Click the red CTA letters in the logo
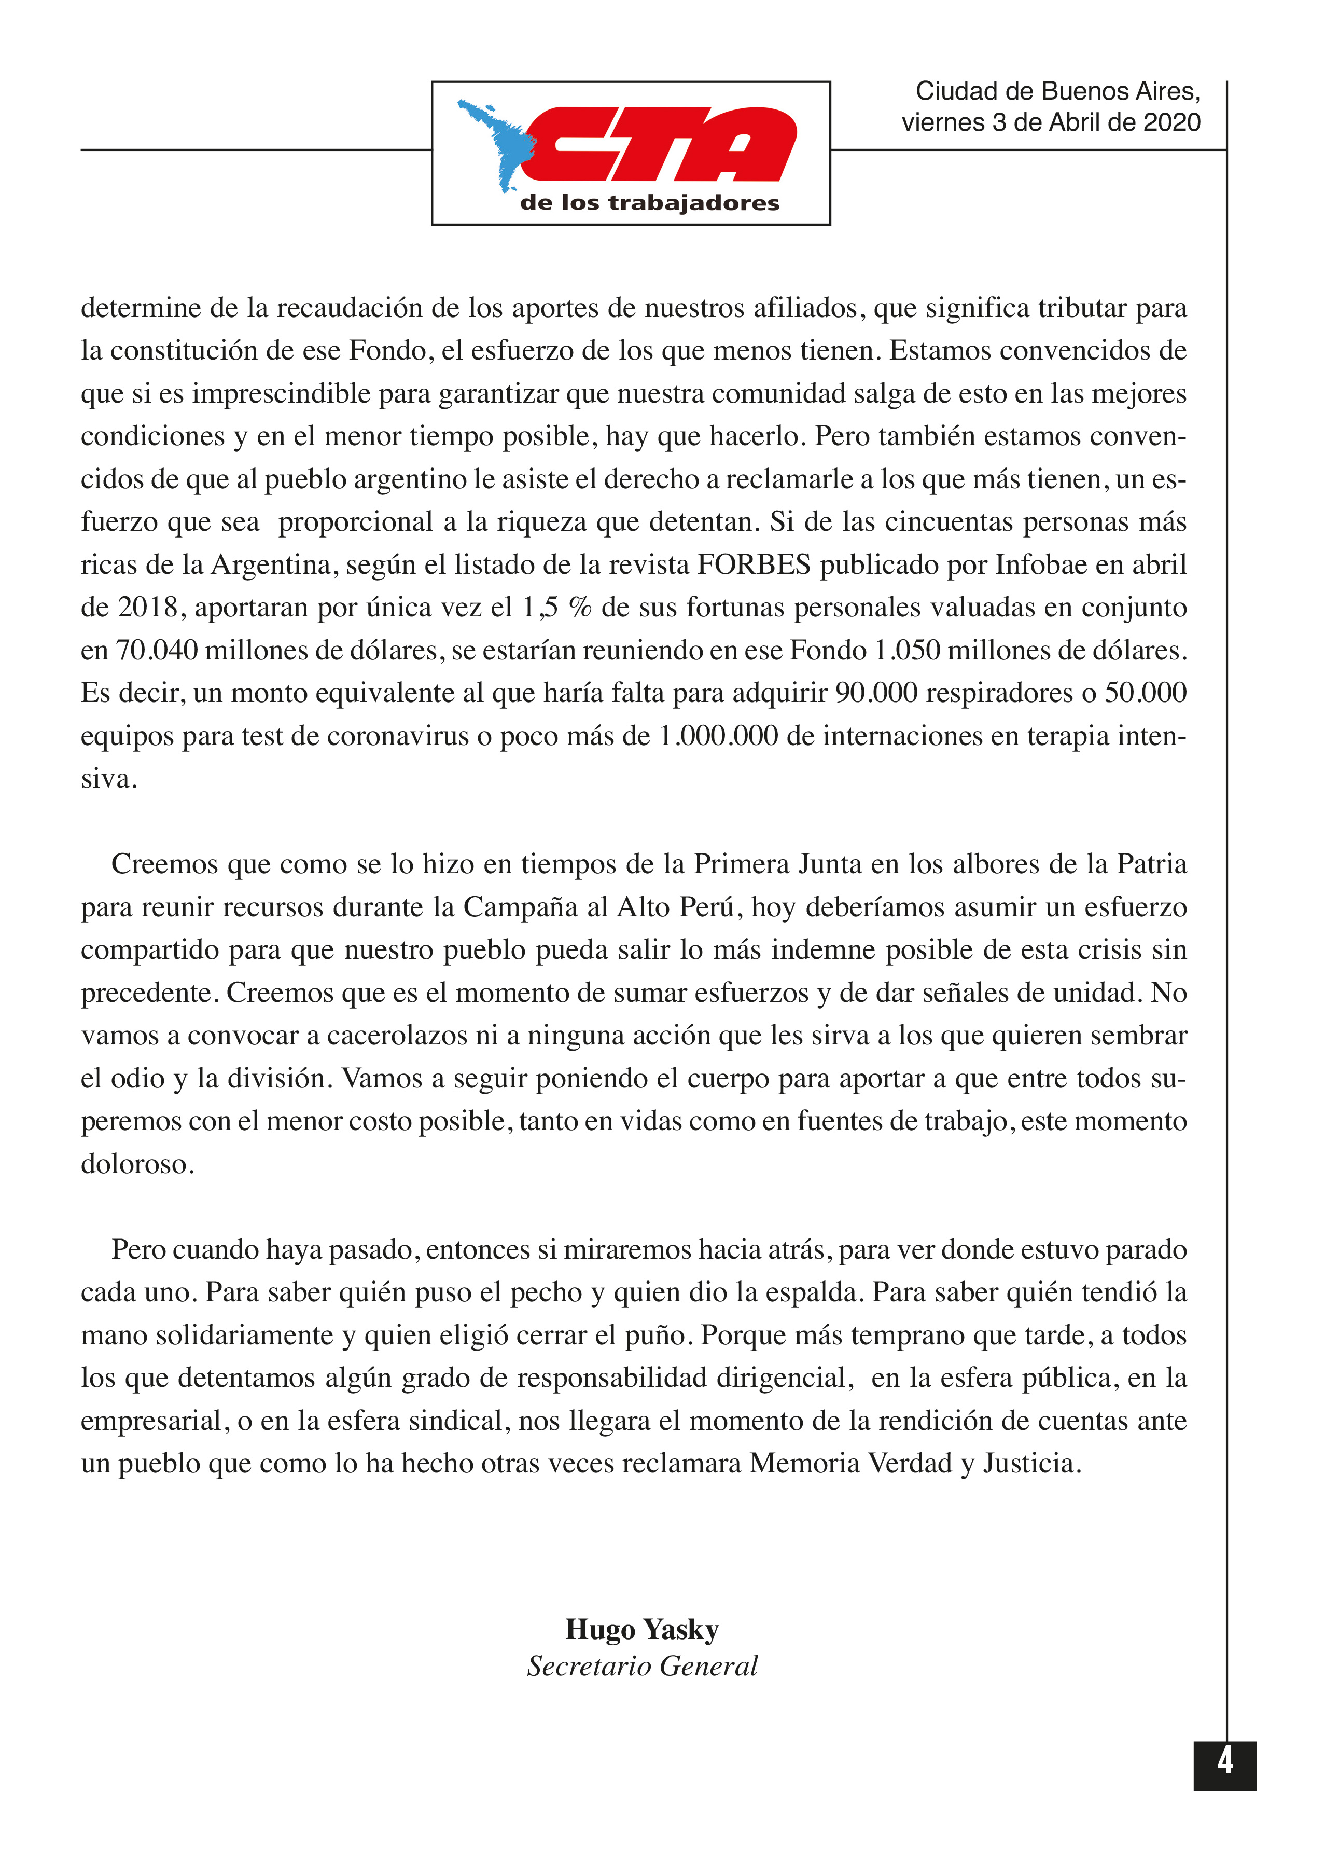click(661, 144)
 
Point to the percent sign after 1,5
click(580, 608)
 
